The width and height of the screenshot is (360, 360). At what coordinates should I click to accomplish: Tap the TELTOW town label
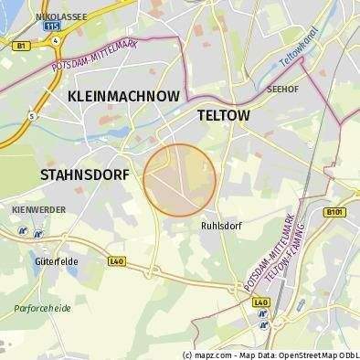tap(224, 115)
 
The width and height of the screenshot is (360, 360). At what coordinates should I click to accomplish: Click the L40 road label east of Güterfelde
tap(116, 260)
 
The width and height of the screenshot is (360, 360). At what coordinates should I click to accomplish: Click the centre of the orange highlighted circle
tap(180, 179)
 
